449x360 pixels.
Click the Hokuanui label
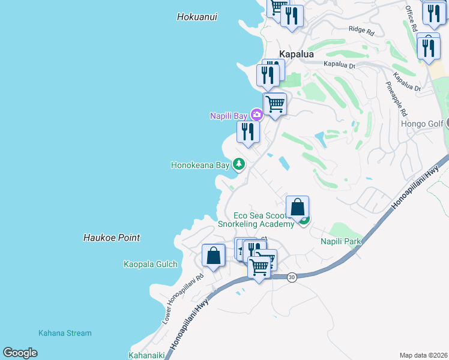click(197, 17)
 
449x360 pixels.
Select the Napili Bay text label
click(229, 116)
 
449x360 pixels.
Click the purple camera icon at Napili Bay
click(257, 115)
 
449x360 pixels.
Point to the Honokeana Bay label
click(200, 164)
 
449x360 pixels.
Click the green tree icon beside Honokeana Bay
click(239, 164)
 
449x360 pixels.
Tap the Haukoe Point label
click(112, 238)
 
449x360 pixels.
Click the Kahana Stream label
click(65, 333)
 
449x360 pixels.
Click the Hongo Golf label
click(421, 124)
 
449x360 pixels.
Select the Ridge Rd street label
click(361, 29)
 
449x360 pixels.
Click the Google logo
click(20, 353)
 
